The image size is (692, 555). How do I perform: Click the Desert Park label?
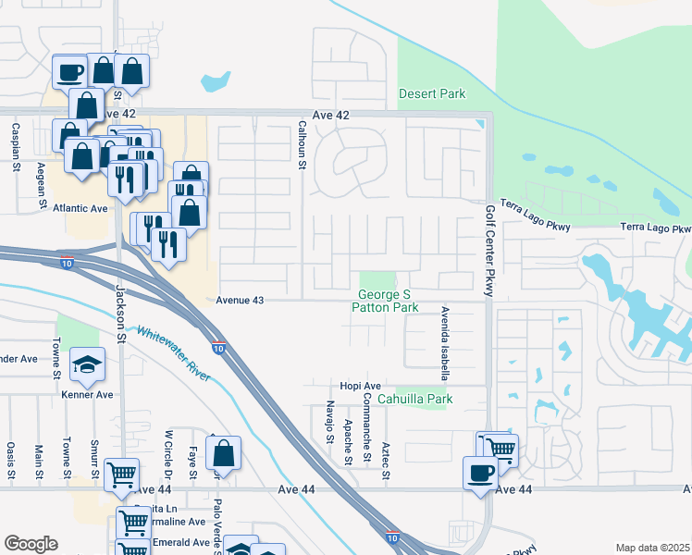[x=431, y=93]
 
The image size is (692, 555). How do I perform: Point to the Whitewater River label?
[x=173, y=352]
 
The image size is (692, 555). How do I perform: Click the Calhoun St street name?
[x=302, y=145]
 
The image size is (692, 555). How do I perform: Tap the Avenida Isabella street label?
[x=445, y=344]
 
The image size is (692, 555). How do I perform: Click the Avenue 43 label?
[x=241, y=301]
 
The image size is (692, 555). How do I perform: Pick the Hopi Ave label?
[x=360, y=386]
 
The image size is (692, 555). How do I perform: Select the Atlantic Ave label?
[x=80, y=208]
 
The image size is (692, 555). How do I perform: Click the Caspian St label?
[x=16, y=149]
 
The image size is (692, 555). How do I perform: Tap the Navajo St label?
[x=329, y=422]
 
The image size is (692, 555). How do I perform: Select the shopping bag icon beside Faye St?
[x=223, y=453]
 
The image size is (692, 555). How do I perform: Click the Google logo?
[x=31, y=544]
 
